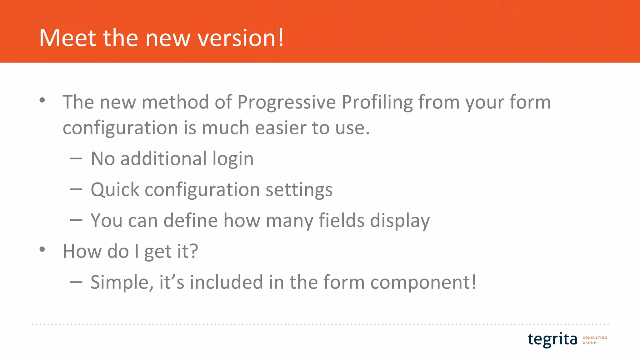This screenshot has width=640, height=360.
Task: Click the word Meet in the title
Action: point(67,38)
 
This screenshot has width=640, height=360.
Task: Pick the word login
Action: point(233,159)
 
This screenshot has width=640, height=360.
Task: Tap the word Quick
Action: point(115,190)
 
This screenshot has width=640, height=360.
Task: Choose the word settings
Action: point(299,190)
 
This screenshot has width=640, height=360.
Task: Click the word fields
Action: point(341,221)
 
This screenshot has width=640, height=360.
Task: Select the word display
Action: point(400,221)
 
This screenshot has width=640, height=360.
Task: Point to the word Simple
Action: point(122,282)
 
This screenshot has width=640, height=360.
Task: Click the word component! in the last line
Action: point(423,282)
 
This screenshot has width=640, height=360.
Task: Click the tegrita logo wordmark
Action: point(552,339)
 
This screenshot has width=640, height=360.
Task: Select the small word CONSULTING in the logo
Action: point(595,337)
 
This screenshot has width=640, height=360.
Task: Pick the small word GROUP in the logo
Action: point(589,343)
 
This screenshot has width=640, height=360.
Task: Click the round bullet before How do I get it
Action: point(42,249)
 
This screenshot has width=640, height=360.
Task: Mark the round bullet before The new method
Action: point(42,100)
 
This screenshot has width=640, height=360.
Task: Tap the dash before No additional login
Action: point(76,159)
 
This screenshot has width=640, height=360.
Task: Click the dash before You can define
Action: point(76,221)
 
